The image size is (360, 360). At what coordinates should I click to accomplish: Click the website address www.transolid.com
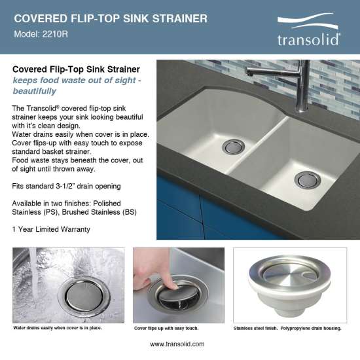click(178, 344)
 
